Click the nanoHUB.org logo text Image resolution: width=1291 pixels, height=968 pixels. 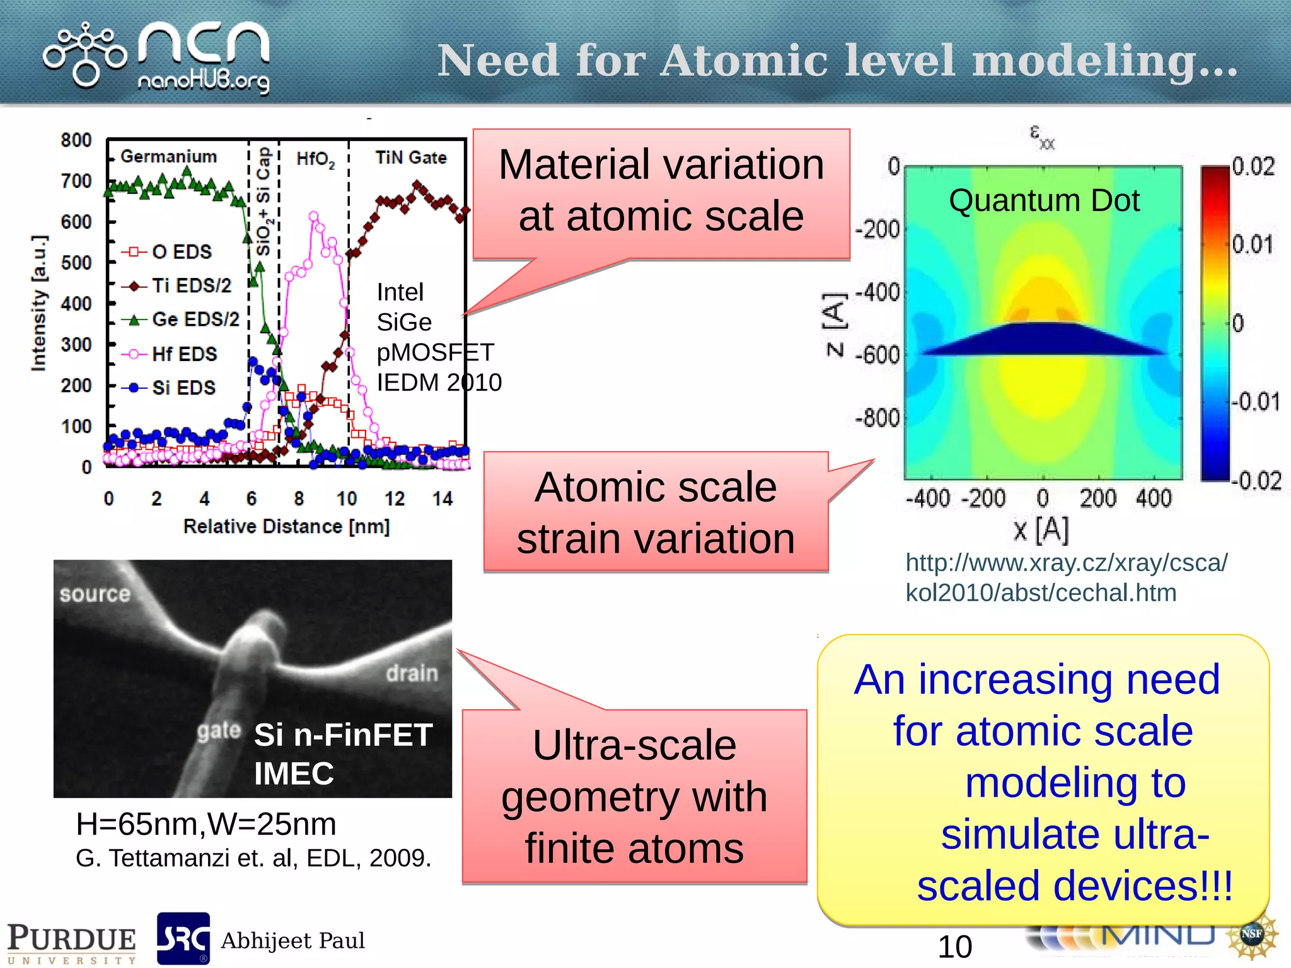pyautogui.click(x=203, y=81)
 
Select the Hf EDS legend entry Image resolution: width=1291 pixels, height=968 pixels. pyautogui.click(x=183, y=354)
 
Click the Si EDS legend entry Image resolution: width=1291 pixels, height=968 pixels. pyautogui.click(x=183, y=388)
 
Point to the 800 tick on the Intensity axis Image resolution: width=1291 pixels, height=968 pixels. pyautogui.click(x=76, y=140)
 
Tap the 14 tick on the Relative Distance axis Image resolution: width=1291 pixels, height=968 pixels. pyautogui.click(x=443, y=498)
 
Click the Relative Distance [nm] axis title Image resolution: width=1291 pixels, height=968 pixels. pyautogui.click(x=287, y=526)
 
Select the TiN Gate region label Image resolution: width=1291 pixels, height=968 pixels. pyautogui.click(x=411, y=158)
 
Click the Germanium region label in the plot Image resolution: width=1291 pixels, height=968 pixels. pyautogui.click(x=168, y=156)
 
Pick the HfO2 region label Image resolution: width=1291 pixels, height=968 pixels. pyautogui.click(x=315, y=159)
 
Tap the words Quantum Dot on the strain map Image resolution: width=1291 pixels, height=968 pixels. pyautogui.click(x=1044, y=200)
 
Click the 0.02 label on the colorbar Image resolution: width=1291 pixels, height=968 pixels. pyautogui.click(x=1253, y=166)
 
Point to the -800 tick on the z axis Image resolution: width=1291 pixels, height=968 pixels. pyautogui.click(x=877, y=418)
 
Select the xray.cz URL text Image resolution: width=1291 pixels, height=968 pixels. pyautogui.click(x=1066, y=577)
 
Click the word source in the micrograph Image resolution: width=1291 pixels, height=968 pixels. pyautogui.click(x=95, y=594)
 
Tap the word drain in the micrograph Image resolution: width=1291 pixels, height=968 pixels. pyautogui.click(x=412, y=673)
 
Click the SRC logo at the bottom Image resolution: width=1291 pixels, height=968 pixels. pyautogui.click(x=183, y=938)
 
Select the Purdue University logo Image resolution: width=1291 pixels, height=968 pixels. pyautogui.click(x=71, y=943)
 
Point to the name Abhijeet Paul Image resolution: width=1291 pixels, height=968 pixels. pyautogui.click(x=292, y=940)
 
